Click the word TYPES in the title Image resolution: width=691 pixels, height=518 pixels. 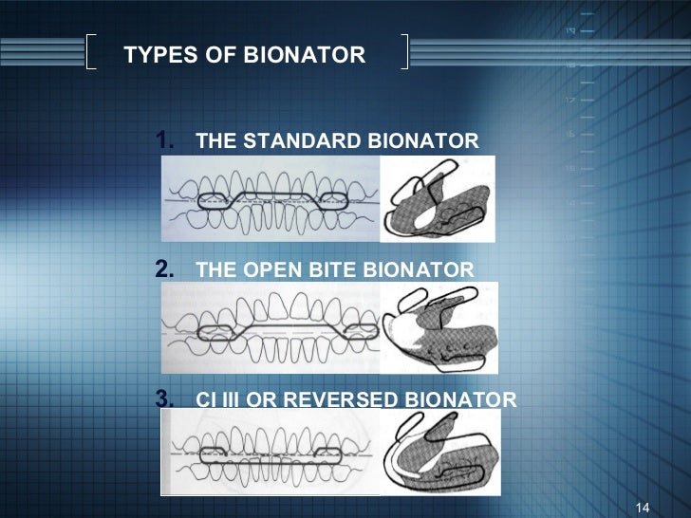155,55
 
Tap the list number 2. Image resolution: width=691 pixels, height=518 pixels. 163,268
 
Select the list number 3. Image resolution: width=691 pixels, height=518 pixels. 163,398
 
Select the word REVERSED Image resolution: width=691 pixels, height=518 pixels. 337,399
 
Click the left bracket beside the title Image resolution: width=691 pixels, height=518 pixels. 91,52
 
